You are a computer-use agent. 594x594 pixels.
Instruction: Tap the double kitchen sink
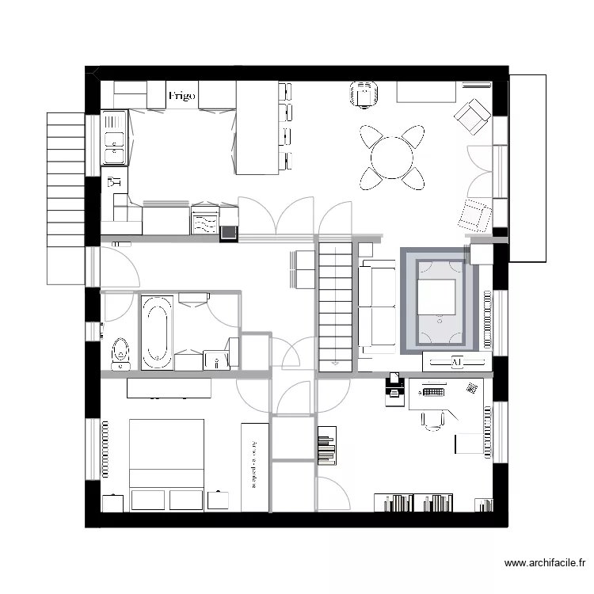click(115, 138)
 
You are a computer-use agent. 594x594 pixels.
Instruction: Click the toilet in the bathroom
click(120, 352)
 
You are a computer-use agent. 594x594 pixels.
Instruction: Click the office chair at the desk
click(432, 420)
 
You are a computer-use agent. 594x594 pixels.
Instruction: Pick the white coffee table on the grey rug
click(436, 297)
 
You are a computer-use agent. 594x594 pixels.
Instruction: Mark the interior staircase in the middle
click(336, 305)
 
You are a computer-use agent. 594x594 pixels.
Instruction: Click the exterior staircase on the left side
click(65, 198)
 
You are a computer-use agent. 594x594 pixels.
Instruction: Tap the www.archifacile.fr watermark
click(545, 563)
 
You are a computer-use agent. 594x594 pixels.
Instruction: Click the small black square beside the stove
click(229, 233)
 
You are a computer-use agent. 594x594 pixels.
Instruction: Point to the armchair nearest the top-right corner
click(472, 117)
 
